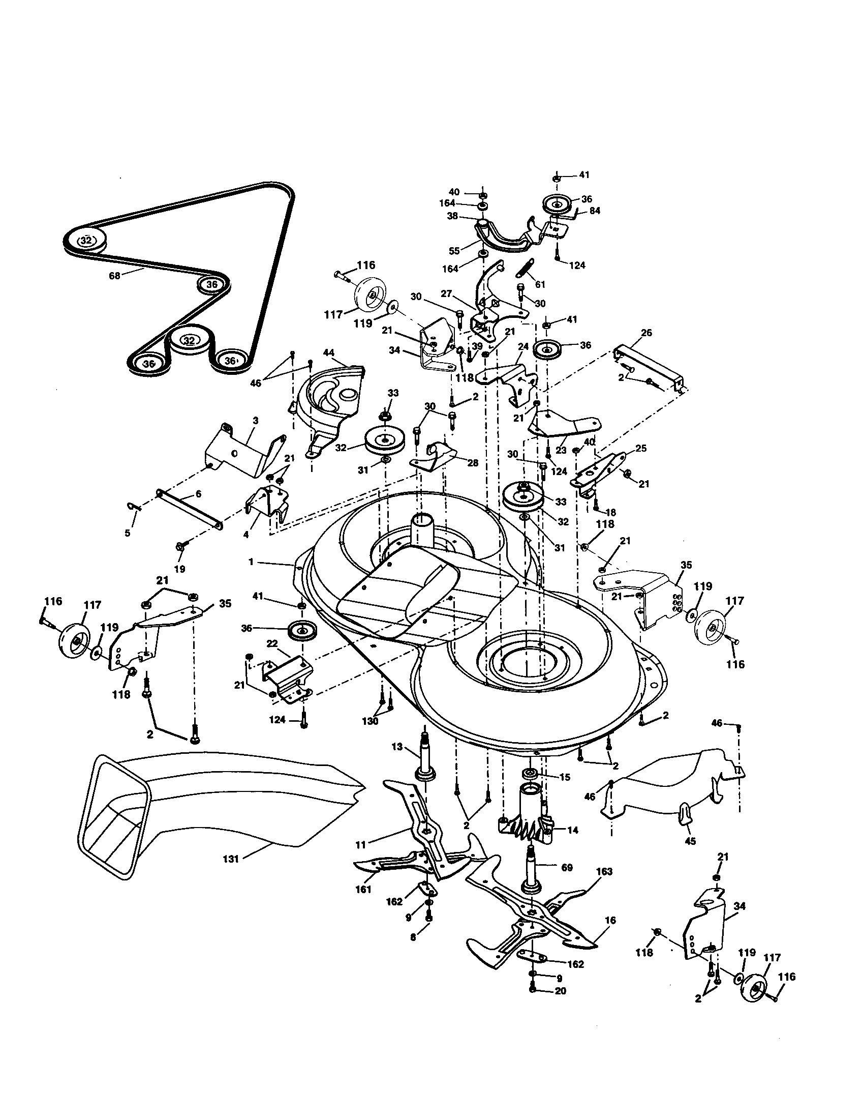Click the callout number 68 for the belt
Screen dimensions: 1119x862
[x=114, y=276]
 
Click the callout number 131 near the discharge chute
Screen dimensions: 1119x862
[x=231, y=859]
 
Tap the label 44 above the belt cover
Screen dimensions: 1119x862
[x=328, y=353]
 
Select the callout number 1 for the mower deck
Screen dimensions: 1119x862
[x=251, y=562]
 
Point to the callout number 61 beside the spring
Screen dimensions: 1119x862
[x=540, y=284]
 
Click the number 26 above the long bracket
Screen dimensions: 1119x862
[x=646, y=333]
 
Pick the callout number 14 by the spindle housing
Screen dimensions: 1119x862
[x=573, y=830]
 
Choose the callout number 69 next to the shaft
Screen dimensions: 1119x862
[x=567, y=867]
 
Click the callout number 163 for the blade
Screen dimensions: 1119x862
[x=604, y=871]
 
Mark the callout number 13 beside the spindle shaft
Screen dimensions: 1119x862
[x=397, y=747]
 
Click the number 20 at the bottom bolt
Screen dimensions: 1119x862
[x=561, y=991]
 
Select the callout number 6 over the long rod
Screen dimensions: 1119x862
[x=198, y=494]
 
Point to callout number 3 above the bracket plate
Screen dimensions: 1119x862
[x=256, y=421]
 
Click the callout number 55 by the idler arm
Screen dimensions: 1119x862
[x=454, y=251]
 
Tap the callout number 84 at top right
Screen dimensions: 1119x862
[x=595, y=211]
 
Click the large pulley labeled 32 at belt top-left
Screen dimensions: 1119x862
[x=86, y=240]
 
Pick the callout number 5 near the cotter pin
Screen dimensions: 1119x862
[x=127, y=533]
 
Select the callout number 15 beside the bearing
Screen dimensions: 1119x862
[x=564, y=777]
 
